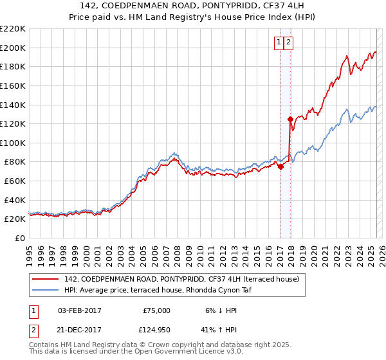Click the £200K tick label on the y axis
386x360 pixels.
pos(12,48)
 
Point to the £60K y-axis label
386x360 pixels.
pos(14,181)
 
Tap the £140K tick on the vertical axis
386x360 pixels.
pos(12,105)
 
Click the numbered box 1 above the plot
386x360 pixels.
pos(279,43)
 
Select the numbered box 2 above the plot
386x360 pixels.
pos(288,43)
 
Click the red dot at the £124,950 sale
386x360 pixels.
pos(290,119)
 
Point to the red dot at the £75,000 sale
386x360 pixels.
pos(280,166)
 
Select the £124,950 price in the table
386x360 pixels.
pos(157,330)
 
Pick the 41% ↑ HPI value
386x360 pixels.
pos(217,330)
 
